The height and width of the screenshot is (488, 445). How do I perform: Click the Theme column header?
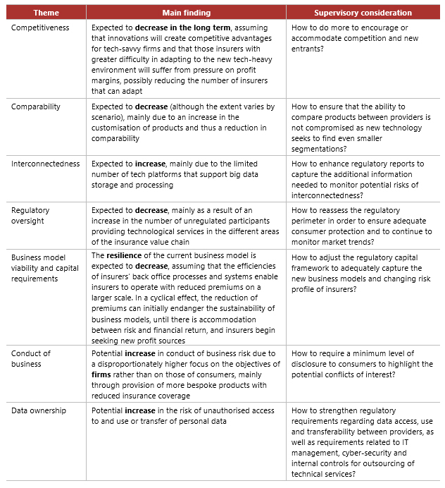(x=46, y=13)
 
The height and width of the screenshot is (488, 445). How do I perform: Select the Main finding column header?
(x=186, y=13)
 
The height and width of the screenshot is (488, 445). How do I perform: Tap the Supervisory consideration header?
(x=362, y=13)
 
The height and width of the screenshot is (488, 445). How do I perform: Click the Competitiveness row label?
(x=40, y=27)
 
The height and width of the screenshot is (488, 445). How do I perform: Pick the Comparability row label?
(x=36, y=106)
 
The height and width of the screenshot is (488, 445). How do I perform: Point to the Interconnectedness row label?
(x=45, y=164)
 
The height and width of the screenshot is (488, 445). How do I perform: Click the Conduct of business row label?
(x=31, y=358)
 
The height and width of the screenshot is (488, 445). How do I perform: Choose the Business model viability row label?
(x=45, y=267)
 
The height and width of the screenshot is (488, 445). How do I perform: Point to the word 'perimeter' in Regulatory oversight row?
(x=312, y=221)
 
